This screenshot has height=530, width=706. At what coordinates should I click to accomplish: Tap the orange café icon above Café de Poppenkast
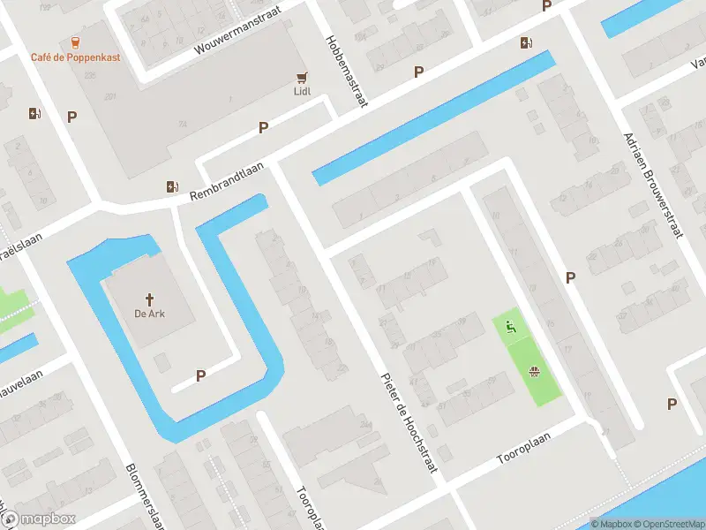[75, 42]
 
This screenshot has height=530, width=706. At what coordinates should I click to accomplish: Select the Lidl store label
[303, 90]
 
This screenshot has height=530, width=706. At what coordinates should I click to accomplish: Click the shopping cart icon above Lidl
[303, 76]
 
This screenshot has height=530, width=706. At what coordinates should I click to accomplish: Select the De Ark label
[150, 314]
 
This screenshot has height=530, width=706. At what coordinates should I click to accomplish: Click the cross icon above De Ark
[150, 299]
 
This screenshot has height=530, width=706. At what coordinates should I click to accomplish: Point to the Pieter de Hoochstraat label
[409, 421]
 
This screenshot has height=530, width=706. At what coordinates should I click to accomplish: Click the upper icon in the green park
[510, 328]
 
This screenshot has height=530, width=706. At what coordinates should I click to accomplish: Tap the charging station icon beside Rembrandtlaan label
[172, 186]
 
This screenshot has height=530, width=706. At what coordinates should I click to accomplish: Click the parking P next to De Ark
[200, 375]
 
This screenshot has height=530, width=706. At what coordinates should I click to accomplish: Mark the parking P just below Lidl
[263, 128]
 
